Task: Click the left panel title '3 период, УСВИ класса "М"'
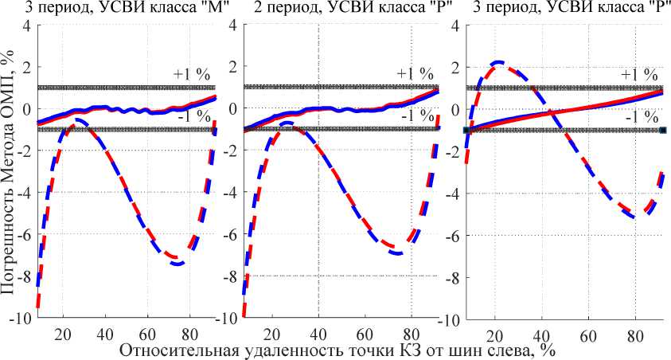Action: click(x=114, y=9)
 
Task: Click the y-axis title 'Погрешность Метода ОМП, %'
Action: click(x=9, y=172)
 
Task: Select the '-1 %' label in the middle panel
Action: click(x=415, y=116)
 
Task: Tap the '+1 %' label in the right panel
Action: click(x=638, y=73)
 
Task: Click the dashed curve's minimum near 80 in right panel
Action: click(x=641, y=215)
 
